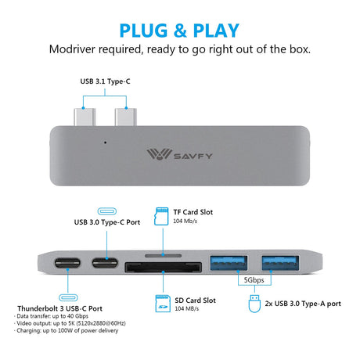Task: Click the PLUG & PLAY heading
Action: click(179, 31)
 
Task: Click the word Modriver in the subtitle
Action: click(72, 49)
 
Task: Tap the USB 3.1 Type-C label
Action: click(105, 81)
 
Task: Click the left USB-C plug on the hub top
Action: click(85, 117)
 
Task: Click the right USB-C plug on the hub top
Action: click(125, 117)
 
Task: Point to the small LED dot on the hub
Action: click(105, 142)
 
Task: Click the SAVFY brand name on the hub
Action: click(193, 157)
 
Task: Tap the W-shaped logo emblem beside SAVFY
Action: click(159, 154)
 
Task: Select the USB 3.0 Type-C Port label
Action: click(107, 222)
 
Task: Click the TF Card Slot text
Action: click(193, 212)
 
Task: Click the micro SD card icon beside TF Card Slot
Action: click(161, 216)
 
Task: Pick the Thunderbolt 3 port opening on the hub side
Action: click(67, 263)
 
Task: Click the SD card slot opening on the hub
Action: click(164, 268)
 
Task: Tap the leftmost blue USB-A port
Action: click(229, 263)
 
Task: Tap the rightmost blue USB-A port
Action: click(280, 263)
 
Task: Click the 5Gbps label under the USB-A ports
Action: click(254, 280)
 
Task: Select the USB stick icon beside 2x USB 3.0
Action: click(254, 304)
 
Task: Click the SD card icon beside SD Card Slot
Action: click(163, 304)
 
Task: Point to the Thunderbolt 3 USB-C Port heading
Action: click(59, 308)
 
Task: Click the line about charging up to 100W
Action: click(67, 330)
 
